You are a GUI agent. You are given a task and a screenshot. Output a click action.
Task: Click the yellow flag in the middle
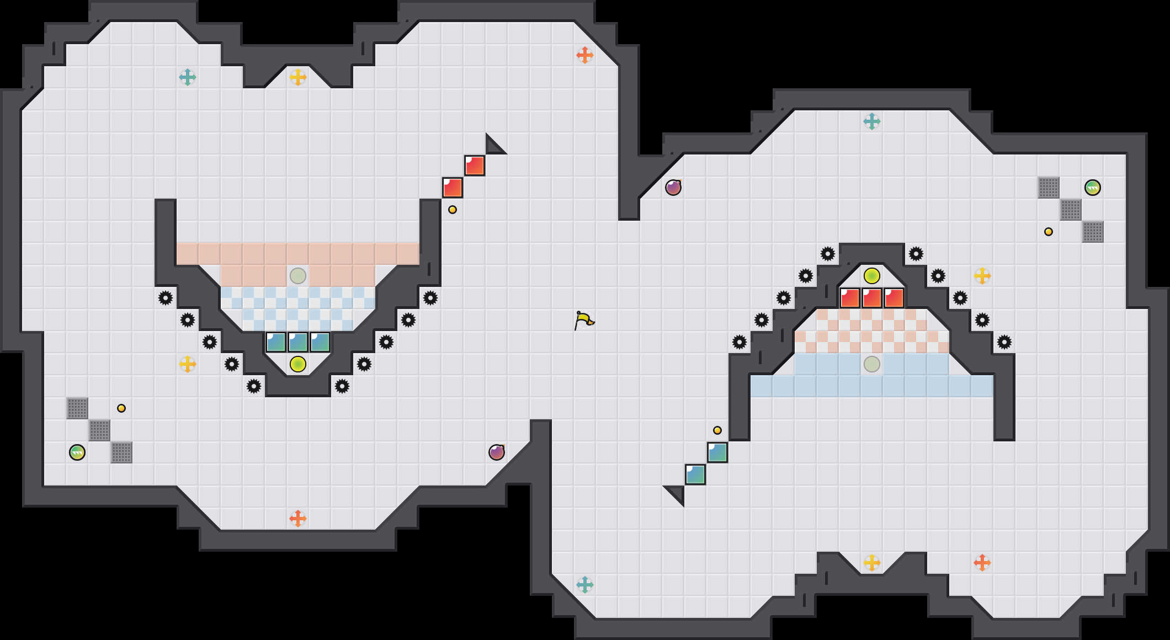click(583, 320)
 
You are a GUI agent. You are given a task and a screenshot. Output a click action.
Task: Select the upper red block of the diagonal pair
click(475, 166)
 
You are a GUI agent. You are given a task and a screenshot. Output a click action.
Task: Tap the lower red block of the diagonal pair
click(453, 188)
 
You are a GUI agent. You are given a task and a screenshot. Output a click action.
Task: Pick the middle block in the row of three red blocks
click(872, 298)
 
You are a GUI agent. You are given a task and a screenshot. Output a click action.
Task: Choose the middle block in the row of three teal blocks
click(298, 342)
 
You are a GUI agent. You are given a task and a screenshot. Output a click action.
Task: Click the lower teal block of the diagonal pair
click(695, 474)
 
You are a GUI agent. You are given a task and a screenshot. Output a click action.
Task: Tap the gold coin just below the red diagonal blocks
click(453, 210)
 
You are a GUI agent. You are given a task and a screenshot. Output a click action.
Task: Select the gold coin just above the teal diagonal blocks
click(717, 430)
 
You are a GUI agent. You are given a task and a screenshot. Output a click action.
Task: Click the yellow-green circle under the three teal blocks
click(298, 364)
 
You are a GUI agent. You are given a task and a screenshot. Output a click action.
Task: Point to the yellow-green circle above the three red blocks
click(872, 276)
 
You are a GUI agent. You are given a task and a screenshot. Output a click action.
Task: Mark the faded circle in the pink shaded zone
click(298, 276)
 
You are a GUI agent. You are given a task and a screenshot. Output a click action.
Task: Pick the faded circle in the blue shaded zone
click(872, 364)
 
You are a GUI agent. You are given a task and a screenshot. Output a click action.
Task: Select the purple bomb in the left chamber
click(497, 452)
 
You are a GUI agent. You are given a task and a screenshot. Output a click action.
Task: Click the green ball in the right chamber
click(1093, 188)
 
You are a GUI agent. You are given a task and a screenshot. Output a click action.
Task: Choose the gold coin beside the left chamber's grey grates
click(121, 408)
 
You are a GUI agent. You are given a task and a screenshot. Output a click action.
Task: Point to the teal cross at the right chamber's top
click(872, 121)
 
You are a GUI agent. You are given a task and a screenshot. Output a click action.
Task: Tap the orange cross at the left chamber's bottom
click(298, 519)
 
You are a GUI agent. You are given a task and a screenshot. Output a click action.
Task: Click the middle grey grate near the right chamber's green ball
click(1071, 210)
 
